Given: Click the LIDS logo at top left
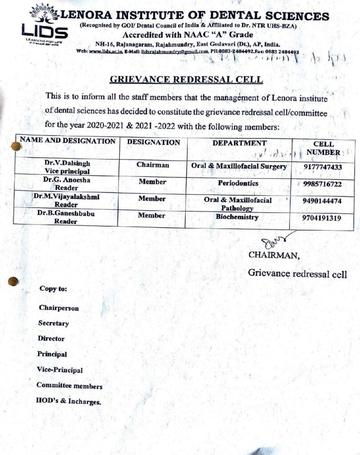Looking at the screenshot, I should (44, 24).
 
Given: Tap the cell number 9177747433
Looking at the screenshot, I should (323, 168).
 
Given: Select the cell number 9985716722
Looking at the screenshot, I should (323, 184).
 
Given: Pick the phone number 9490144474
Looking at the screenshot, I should (322, 201).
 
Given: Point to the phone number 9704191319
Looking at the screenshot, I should (322, 218).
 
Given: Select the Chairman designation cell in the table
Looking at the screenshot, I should (152, 165).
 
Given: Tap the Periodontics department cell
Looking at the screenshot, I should (238, 183).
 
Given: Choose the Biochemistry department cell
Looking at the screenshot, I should (237, 217).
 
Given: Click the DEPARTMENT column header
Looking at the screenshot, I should (239, 143).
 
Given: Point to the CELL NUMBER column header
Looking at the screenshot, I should (324, 148).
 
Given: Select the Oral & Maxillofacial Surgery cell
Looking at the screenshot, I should (239, 166).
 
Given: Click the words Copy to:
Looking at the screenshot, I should (53, 288).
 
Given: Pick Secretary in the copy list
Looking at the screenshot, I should (53, 323).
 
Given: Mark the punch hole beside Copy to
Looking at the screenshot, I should (14, 281).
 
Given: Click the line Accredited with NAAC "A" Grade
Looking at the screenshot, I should (188, 35).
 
